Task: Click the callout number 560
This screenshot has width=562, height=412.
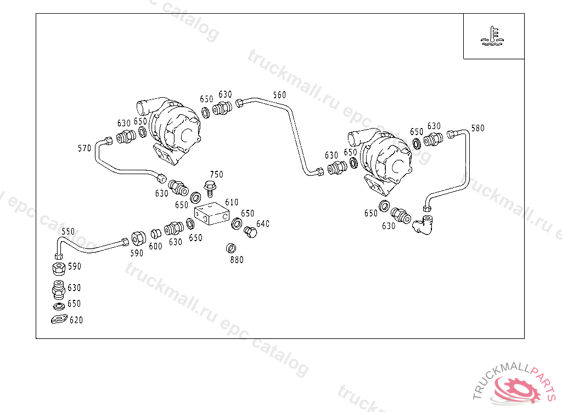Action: point(279,95)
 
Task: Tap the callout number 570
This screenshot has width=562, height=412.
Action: point(85,148)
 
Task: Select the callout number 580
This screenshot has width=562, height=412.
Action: point(478,128)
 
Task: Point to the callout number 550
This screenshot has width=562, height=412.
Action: point(68,231)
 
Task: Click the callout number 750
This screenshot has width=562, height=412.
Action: point(216,175)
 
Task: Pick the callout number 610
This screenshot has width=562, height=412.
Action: point(232,202)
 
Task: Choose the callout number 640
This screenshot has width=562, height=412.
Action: point(263,224)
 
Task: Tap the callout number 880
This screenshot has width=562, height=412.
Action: point(237,260)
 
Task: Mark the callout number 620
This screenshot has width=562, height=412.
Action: point(76,320)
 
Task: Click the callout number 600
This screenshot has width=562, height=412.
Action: point(155,246)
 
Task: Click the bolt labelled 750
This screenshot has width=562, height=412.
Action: point(210,188)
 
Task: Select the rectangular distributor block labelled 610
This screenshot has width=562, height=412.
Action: point(212,214)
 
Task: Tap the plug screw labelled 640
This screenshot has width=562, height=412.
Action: point(250,232)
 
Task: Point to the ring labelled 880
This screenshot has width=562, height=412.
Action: point(231,248)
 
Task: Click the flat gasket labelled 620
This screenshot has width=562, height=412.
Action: point(59,319)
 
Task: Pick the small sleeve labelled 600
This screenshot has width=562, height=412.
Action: point(155,234)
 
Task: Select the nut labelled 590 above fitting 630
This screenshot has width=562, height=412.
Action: point(59,269)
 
